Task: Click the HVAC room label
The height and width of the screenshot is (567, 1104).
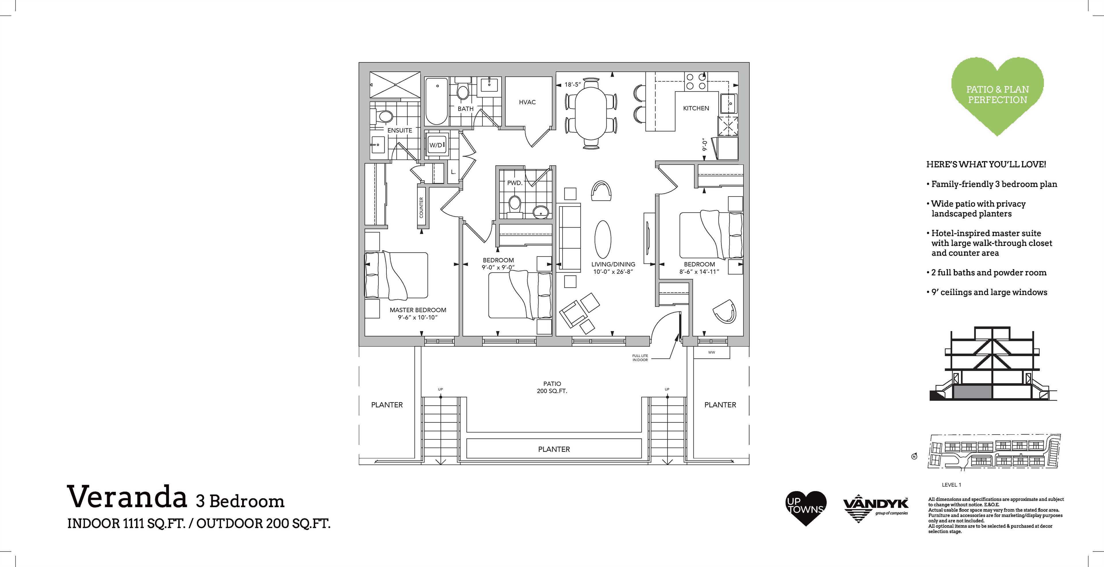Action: tap(527, 102)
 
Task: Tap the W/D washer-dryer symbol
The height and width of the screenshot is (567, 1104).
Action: tap(437, 145)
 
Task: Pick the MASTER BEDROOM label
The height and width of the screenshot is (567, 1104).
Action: tap(418, 310)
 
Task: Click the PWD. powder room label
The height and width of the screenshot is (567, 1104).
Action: tap(515, 183)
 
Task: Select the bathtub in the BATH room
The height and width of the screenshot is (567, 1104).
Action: tap(437, 101)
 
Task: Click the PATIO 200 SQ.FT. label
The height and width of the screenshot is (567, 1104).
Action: tap(552, 387)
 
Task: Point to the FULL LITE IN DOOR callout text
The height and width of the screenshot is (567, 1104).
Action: tap(640, 358)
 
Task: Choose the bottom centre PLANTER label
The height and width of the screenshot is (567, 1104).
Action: tap(554, 449)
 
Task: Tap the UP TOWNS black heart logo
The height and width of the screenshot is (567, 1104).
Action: tap(806, 508)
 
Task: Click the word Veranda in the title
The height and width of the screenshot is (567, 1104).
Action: tap(127, 497)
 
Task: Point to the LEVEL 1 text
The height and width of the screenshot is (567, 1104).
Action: tap(951, 485)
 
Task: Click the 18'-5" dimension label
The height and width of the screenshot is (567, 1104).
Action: tap(573, 85)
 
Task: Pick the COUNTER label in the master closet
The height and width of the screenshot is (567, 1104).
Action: tap(421, 207)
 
